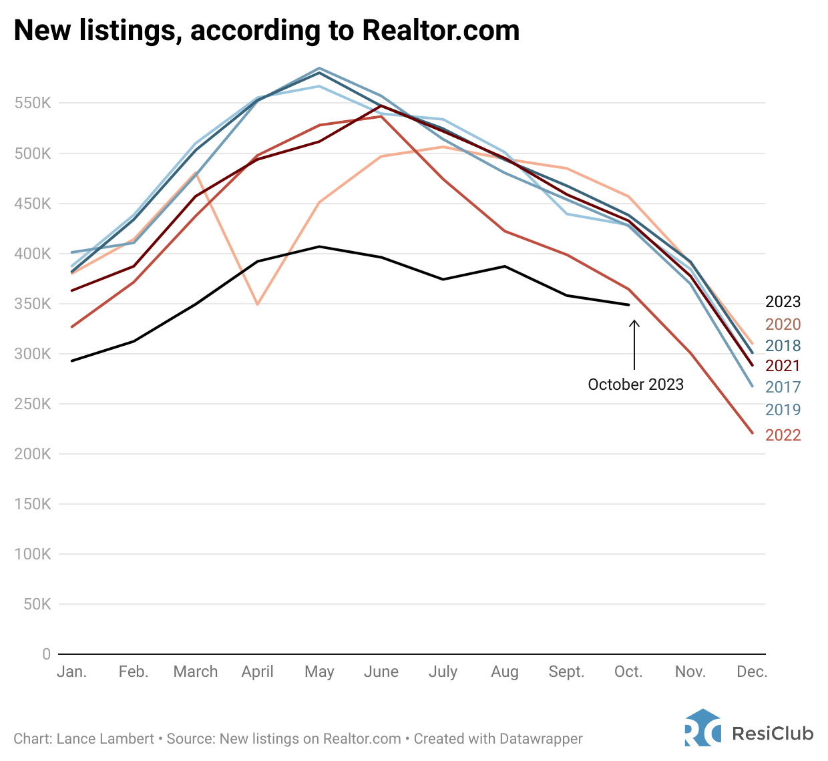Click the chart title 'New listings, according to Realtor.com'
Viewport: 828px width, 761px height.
tap(266, 31)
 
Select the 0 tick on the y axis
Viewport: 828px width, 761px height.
tap(47, 654)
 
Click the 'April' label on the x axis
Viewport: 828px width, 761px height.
tap(257, 672)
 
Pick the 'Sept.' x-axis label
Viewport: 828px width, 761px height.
tap(566, 672)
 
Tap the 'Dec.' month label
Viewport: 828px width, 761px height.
tap(752, 672)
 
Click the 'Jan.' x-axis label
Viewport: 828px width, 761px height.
tap(71, 672)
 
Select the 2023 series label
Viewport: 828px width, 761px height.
tap(783, 302)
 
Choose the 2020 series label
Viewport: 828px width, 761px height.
tap(783, 324)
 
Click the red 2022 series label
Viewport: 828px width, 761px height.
tap(783, 435)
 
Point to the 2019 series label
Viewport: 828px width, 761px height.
tap(783, 410)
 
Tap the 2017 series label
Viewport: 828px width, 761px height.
tap(783, 387)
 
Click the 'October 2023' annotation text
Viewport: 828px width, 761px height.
tap(636, 385)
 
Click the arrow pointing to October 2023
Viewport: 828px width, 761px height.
tap(634, 344)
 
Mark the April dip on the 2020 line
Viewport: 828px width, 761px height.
tap(257, 304)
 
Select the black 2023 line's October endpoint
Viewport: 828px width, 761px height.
tap(628, 305)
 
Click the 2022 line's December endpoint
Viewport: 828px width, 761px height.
tap(753, 433)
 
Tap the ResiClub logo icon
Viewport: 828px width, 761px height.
tap(702, 728)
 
